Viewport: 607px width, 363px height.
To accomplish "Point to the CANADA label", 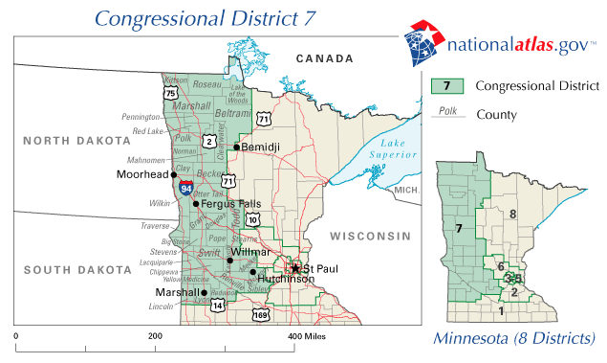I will [x=324, y=59].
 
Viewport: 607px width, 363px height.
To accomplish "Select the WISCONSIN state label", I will [x=369, y=236].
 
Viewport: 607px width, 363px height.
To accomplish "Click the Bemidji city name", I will [x=261, y=147].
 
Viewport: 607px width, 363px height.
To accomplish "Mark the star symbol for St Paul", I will [x=295, y=268].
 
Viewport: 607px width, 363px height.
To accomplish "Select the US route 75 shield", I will [x=170, y=93].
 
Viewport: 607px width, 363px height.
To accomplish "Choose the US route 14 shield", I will [x=218, y=306].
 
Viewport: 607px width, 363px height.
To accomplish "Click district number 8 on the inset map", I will [x=512, y=214].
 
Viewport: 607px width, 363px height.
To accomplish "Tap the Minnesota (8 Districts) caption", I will [x=513, y=338].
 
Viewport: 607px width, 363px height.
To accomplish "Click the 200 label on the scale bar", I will [x=155, y=338].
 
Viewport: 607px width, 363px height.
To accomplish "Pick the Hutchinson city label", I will [x=285, y=279].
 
